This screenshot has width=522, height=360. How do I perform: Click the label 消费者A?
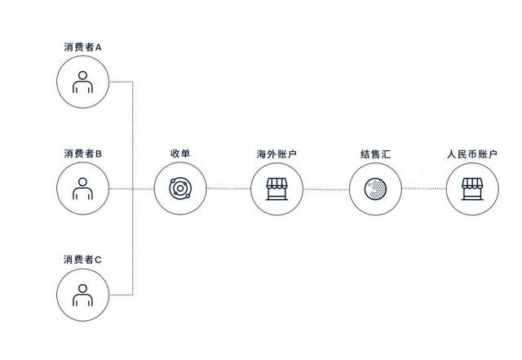click(x=83, y=47)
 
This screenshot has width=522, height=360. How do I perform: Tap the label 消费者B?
click(x=83, y=153)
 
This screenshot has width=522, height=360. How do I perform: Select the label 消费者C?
click(x=82, y=260)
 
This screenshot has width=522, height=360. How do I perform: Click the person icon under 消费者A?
click(x=82, y=82)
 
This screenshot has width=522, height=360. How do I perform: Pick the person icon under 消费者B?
click(x=82, y=189)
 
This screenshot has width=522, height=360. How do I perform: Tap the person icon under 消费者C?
click(x=82, y=295)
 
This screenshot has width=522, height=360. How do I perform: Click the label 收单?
click(x=180, y=153)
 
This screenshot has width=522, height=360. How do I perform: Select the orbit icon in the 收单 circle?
click(x=180, y=189)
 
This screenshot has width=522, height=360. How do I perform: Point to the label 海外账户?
click(x=276, y=154)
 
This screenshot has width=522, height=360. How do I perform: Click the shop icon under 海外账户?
click(x=276, y=189)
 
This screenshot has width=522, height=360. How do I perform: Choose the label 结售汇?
click(x=375, y=154)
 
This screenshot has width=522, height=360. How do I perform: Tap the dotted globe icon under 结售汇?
click(x=375, y=189)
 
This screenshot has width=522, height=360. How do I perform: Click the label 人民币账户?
click(x=472, y=154)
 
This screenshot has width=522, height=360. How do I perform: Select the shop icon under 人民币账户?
click(x=472, y=189)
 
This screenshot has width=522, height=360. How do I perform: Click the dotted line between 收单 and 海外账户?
click(x=228, y=189)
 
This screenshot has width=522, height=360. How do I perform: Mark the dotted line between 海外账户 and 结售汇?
click(x=326, y=189)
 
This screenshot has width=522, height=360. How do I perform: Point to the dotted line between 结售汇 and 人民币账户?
click(x=424, y=189)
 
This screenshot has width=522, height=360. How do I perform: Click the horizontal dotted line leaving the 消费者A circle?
click(x=122, y=82)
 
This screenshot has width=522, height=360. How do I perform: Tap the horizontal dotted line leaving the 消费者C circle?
click(x=122, y=295)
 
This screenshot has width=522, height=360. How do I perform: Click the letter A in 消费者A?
click(x=99, y=47)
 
